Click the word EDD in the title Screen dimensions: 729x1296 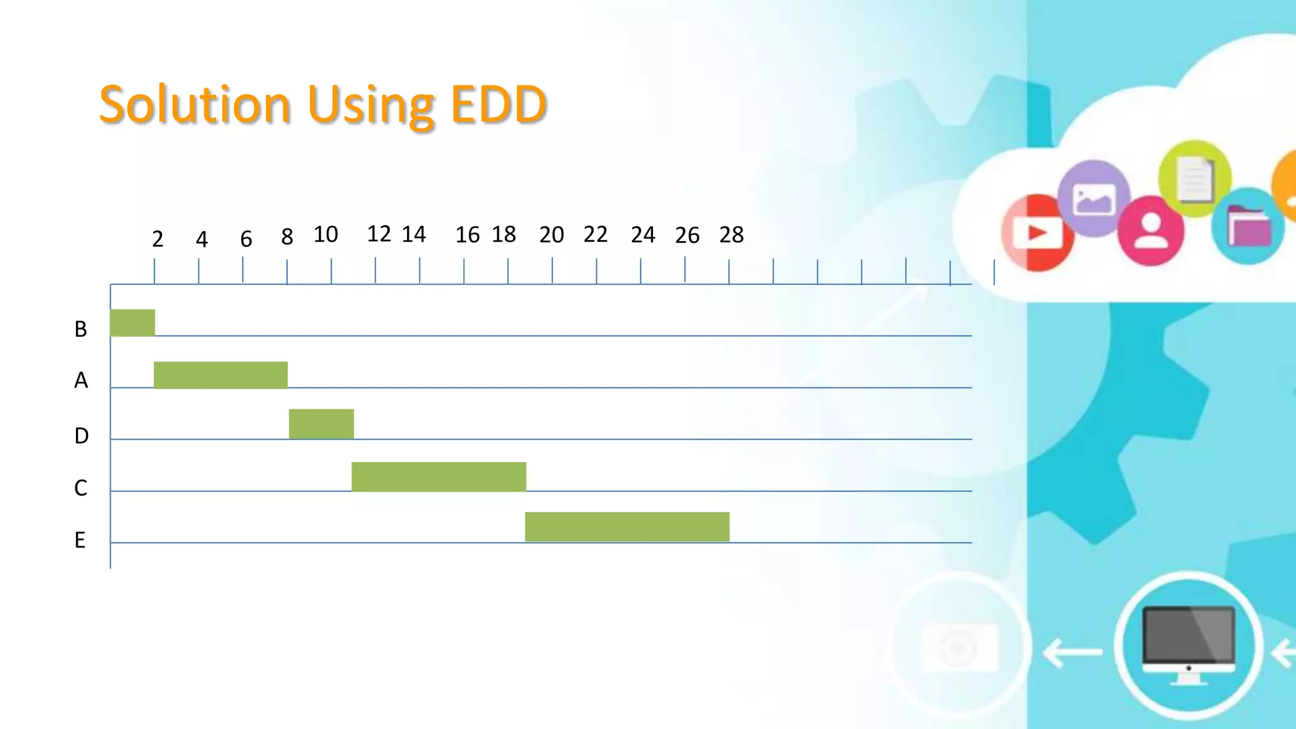pyautogui.click(x=498, y=104)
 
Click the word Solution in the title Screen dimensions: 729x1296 pyautogui.click(x=195, y=104)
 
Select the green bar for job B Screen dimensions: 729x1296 pyautogui.click(x=132, y=323)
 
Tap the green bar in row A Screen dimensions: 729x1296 pyautogui.click(x=220, y=375)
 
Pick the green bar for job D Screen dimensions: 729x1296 pyautogui.click(x=321, y=424)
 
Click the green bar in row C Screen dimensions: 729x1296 pyautogui.click(x=439, y=477)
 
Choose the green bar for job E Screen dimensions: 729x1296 pyautogui.click(x=627, y=526)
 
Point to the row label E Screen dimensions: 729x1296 pyautogui.click(x=80, y=540)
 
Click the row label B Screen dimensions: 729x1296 pyautogui.click(x=80, y=329)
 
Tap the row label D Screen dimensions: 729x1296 pyautogui.click(x=81, y=436)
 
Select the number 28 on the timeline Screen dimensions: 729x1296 pyautogui.click(x=731, y=235)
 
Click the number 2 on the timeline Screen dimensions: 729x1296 pyautogui.click(x=158, y=239)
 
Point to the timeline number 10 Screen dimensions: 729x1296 pyautogui.click(x=326, y=235)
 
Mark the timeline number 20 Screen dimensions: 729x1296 pyautogui.click(x=551, y=235)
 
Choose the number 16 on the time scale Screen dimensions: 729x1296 pyautogui.click(x=468, y=235)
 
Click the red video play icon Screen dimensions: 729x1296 pyautogui.click(x=1038, y=233)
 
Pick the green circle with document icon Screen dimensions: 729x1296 pyautogui.click(x=1195, y=178)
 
